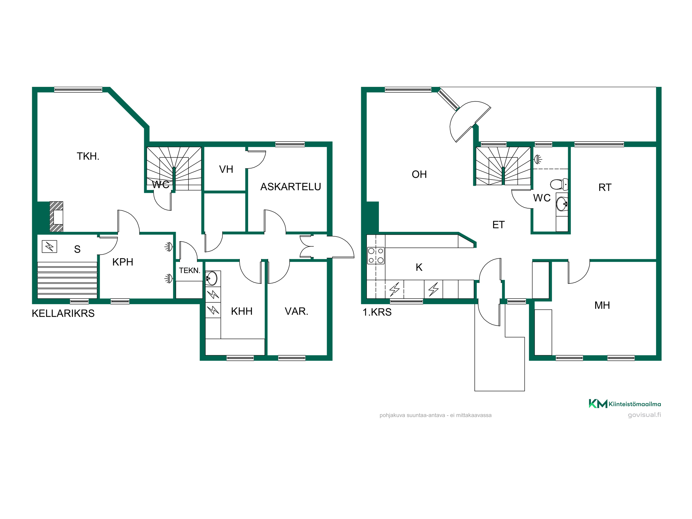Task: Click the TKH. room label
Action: [88, 156]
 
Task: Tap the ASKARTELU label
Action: [291, 187]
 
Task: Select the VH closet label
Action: [226, 169]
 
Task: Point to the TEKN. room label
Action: [190, 271]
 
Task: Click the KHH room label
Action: [242, 311]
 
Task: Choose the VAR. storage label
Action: [297, 311]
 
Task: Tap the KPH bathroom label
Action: [123, 262]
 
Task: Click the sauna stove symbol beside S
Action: [49, 246]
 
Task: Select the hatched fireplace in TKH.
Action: [56, 217]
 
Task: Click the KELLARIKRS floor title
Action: [63, 313]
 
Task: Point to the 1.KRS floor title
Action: [377, 312]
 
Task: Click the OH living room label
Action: [419, 174]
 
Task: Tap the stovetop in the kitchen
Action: [376, 256]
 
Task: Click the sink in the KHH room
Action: [211, 278]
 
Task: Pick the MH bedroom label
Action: [602, 305]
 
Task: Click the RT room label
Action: [605, 188]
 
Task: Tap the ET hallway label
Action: [498, 225]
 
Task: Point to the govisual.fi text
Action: [644, 415]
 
